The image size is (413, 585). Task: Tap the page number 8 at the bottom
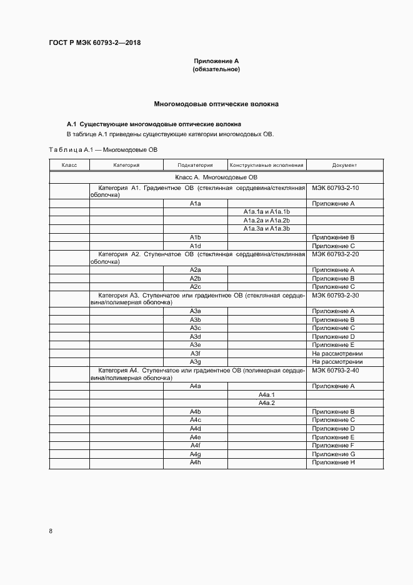[x=51, y=531]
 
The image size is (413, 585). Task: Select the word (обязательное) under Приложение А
[x=216, y=69]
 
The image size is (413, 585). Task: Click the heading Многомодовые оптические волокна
[x=216, y=103]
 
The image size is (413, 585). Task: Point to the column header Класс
[x=69, y=166]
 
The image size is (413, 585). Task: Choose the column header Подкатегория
[x=195, y=166]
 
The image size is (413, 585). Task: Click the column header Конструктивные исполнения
[x=267, y=166]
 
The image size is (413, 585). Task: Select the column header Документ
[x=345, y=166]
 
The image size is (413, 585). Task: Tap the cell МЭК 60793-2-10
[x=335, y=187]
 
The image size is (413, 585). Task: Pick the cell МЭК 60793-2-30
[x=335, y=295]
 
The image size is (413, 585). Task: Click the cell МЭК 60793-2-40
[x=335, y=370]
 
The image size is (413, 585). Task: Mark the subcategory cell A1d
[x=195, y=246]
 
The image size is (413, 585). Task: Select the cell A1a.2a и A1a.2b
[x=267, y=221]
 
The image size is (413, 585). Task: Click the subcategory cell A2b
[x=195, y=278]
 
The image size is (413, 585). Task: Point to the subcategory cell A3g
[x=195, y=361]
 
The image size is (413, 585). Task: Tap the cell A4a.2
[x=267, y=403]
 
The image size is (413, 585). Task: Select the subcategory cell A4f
[x=195, y=445]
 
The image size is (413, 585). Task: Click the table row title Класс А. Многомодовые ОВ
[x=216, y=178]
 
